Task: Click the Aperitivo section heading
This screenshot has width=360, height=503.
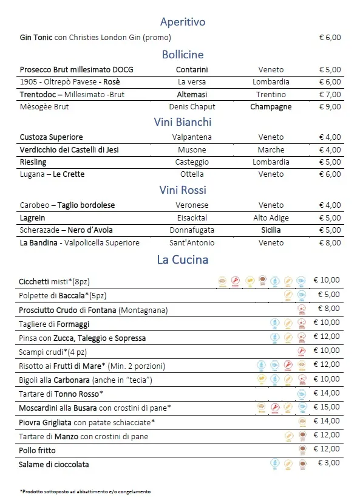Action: [x=183, y=22]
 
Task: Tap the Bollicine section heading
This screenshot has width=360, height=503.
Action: [x=183, y=55]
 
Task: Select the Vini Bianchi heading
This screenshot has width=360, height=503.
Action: [x=183, y=121]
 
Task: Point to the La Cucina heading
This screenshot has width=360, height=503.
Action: [x=183, y=259]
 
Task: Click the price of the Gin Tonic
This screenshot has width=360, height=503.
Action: [x=330, y=38]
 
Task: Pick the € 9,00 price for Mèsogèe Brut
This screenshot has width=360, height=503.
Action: [x=330, y=107]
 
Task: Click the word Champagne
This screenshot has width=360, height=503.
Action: [x=271, y=107]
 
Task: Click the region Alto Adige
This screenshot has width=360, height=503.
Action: [x=271, y=217]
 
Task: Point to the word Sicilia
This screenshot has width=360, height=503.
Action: [x=271, y=230]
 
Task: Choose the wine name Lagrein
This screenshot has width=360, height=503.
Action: [x=33, y=217]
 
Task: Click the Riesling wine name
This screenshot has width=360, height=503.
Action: [x=33, y=162]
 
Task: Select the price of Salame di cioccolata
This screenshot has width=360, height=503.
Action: [x=329, y=464]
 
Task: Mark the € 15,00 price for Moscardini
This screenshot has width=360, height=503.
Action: [x=327, y=407]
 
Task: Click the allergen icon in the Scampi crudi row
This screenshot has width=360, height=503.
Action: [x=301, y=351]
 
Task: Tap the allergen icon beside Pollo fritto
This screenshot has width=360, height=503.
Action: [x=301, y=450]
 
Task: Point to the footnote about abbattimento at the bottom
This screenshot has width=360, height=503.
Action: [x=85, y=491]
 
